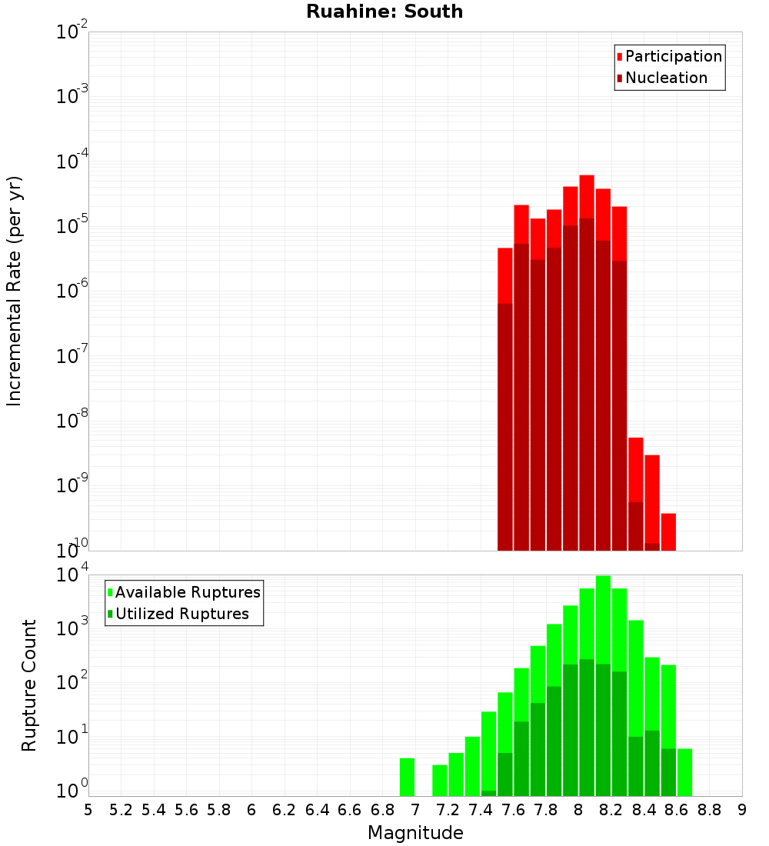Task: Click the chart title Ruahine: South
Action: [x=384, y=12]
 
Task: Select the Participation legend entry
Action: [x=673, y=56]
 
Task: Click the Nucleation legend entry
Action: [x=665, y=78]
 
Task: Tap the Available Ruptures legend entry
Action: [x=187, y=592]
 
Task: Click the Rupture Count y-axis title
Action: [x=29, y=685]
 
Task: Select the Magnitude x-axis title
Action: [x=415, y=832]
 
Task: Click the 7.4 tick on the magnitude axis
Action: [x=481, y=810]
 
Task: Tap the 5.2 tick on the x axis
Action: [x=121, y=810]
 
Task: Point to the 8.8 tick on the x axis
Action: [x=710, y=810]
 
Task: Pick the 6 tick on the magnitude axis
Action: [x=251, y=810]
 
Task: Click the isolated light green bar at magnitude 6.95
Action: [x=407, y=777]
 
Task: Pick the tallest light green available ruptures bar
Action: [x=603, y=684]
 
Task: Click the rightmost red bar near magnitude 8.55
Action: [x=668, y=531]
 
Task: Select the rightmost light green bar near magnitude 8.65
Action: [x=684, y=772]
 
